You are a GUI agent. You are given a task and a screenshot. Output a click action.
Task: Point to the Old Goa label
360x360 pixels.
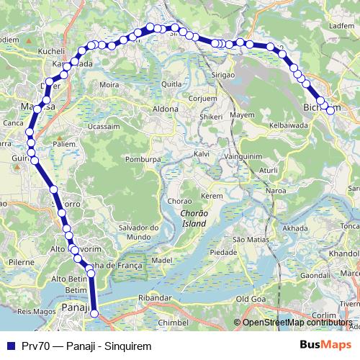[252, 298]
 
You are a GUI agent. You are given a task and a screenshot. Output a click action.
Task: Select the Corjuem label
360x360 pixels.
[202, 98]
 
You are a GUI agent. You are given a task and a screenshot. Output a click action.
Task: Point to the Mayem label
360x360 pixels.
[242, 115]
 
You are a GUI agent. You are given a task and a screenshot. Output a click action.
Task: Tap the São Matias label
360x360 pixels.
[251, 239]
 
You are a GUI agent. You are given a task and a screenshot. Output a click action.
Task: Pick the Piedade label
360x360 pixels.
[222, 253]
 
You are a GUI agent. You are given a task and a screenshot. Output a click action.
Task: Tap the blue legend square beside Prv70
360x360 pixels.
[10, 346]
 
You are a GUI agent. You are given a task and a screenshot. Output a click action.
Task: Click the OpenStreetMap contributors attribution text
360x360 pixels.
[296, 323]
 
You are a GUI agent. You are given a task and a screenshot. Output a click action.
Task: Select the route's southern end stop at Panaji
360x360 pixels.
[94, 313]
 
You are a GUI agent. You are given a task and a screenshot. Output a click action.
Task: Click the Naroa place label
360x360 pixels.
[276, 191]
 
